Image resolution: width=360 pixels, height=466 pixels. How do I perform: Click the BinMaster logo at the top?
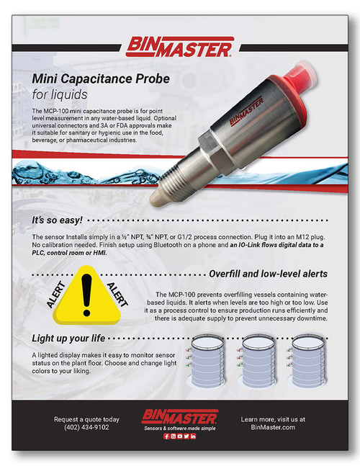point(179,48)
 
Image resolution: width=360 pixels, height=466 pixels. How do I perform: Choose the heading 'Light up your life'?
point(76,337)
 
